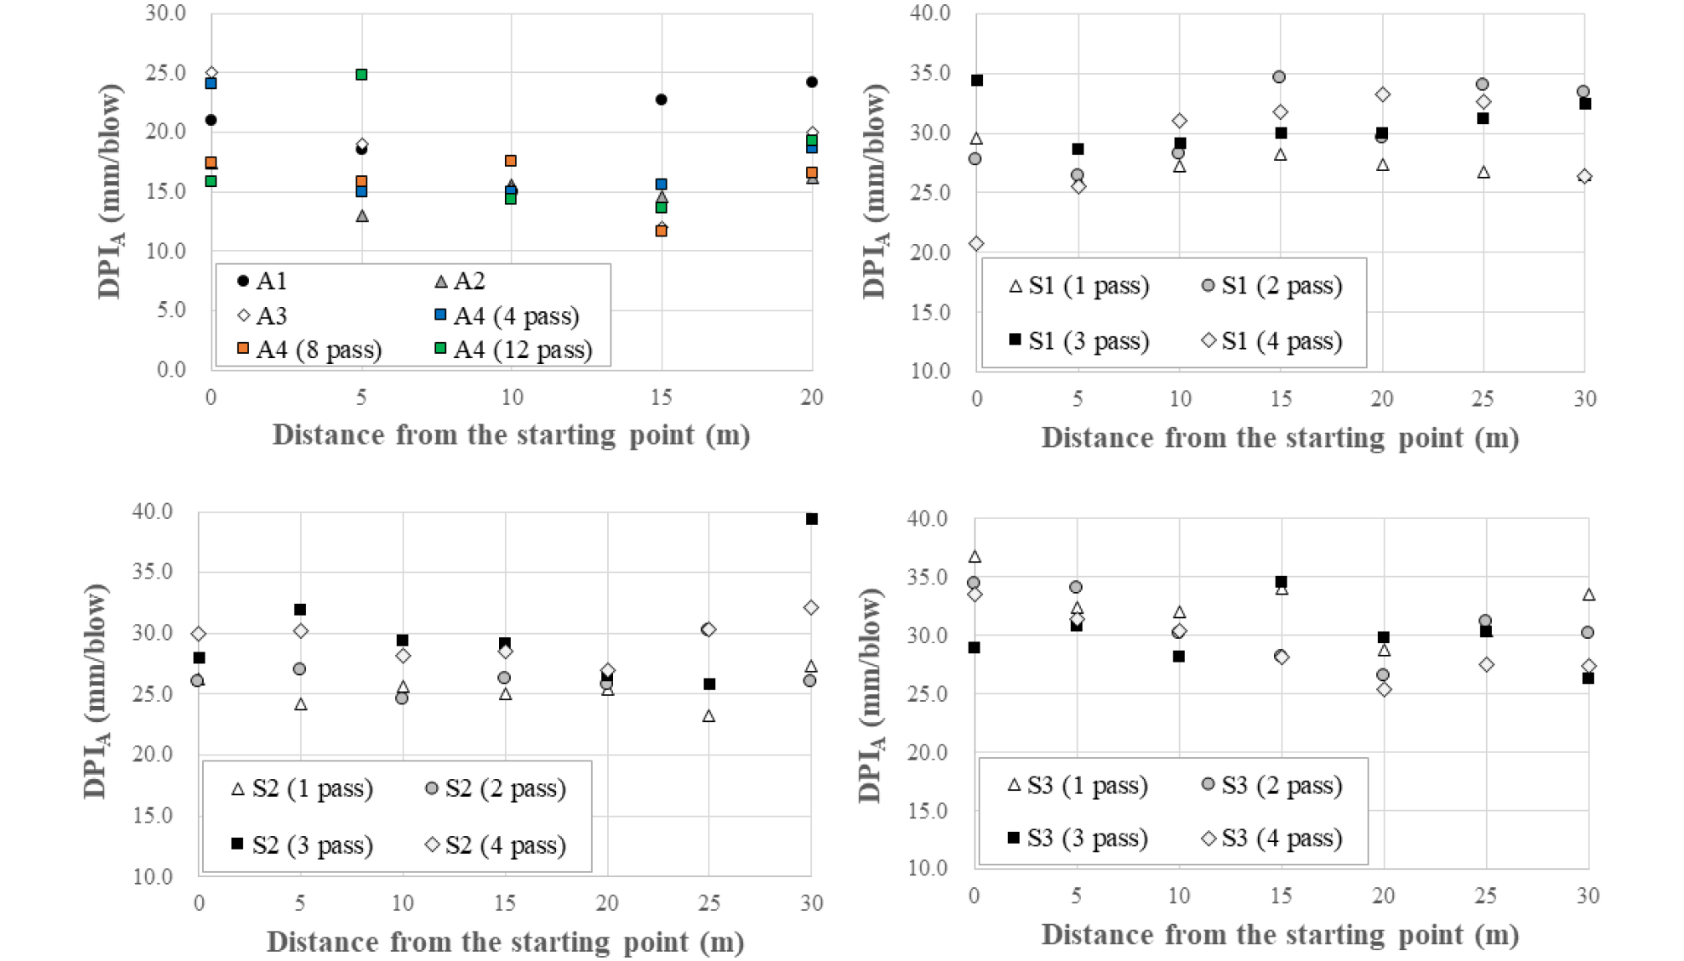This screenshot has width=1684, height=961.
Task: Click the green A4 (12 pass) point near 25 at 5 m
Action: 361,75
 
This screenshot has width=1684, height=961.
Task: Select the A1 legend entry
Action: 262,281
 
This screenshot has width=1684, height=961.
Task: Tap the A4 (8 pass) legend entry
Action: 309,349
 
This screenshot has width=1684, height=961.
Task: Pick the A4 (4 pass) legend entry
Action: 507,316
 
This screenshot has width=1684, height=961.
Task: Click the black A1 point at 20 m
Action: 812,82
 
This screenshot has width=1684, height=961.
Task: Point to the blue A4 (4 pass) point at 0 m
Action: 211,83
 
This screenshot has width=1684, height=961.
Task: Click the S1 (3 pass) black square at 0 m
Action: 977,81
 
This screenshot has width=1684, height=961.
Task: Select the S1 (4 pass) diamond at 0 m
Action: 976,244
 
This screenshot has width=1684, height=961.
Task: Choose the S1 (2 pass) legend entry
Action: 1271,286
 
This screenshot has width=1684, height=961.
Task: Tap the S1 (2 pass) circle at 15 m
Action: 1279,77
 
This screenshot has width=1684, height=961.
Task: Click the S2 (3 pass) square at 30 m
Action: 812,519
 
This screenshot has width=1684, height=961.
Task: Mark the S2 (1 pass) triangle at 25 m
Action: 709,716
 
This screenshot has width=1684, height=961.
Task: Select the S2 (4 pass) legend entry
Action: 496,844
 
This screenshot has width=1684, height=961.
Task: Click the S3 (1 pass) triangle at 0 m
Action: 975,557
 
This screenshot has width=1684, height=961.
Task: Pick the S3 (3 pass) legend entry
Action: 1078,838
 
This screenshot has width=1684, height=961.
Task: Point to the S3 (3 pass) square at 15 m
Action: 1281,582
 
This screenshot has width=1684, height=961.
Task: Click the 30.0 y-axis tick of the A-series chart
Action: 165,13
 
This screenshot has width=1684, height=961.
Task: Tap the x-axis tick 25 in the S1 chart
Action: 1483,398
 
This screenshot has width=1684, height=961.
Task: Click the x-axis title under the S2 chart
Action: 505,943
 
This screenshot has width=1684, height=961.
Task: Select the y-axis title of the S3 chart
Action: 871,695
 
